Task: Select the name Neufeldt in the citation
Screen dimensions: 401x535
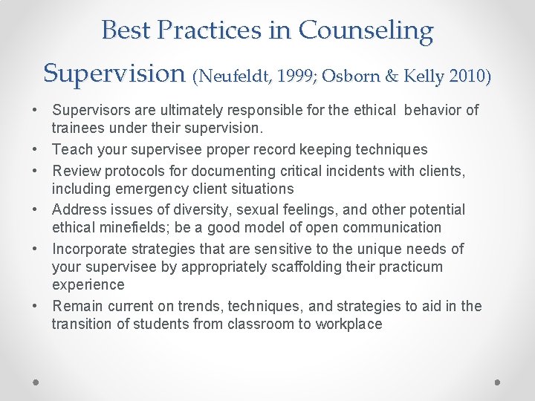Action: [x=233, y=75]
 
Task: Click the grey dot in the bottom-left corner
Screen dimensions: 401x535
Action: [x=36, y=382]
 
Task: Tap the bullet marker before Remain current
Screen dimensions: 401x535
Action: [x=36, y=306]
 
